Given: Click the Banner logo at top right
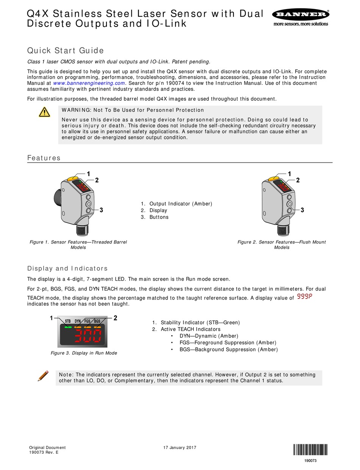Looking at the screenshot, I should pos(300,17).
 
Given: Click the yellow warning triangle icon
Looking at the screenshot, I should pos(44,112).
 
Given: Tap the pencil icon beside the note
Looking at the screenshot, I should pos(43,376).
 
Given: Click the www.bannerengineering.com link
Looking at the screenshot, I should pos(89,83).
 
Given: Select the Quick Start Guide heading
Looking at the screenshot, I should pos(65,51).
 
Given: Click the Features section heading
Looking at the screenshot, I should pos(44,158).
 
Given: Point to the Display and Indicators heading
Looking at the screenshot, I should pos(67,269).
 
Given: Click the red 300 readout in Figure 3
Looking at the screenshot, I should pos(88,336).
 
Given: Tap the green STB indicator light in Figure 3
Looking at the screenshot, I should pos(68,326).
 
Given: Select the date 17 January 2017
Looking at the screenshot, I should pos(180,448).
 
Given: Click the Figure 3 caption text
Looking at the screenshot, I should pos(84,353).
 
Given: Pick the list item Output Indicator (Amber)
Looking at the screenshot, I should pos(180,204).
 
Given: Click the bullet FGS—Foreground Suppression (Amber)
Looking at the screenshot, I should pos(228,343).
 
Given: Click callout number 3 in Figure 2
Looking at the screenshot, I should pos(302,210).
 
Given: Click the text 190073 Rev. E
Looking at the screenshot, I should pos(44,452).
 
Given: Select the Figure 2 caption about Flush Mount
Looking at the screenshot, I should pos(282,245).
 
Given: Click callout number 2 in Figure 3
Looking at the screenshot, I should pos(115,318).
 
